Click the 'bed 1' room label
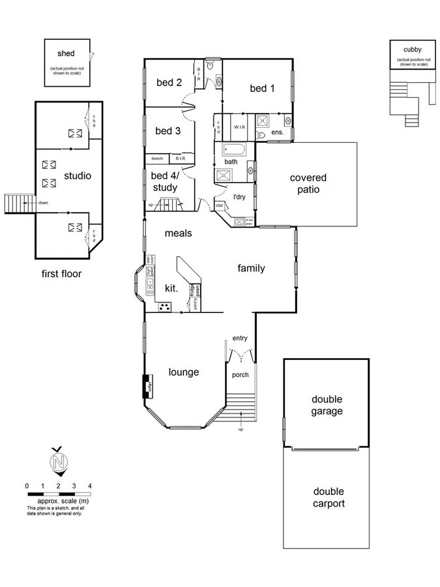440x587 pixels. tap(258, 88)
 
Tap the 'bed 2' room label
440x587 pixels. tap(169, 82)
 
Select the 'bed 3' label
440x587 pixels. tap(168, 130)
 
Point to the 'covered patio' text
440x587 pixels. tap(308, 183)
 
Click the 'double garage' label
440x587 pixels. tap(327, 405)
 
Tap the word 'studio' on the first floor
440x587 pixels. tap(77, 175)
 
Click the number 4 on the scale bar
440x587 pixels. tap(90, 486)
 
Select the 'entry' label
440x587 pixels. tap(240, 338)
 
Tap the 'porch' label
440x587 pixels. tap(240, 375)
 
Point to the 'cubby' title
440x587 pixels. tap(412, 50)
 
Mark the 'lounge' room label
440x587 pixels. tap(183, 372)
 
